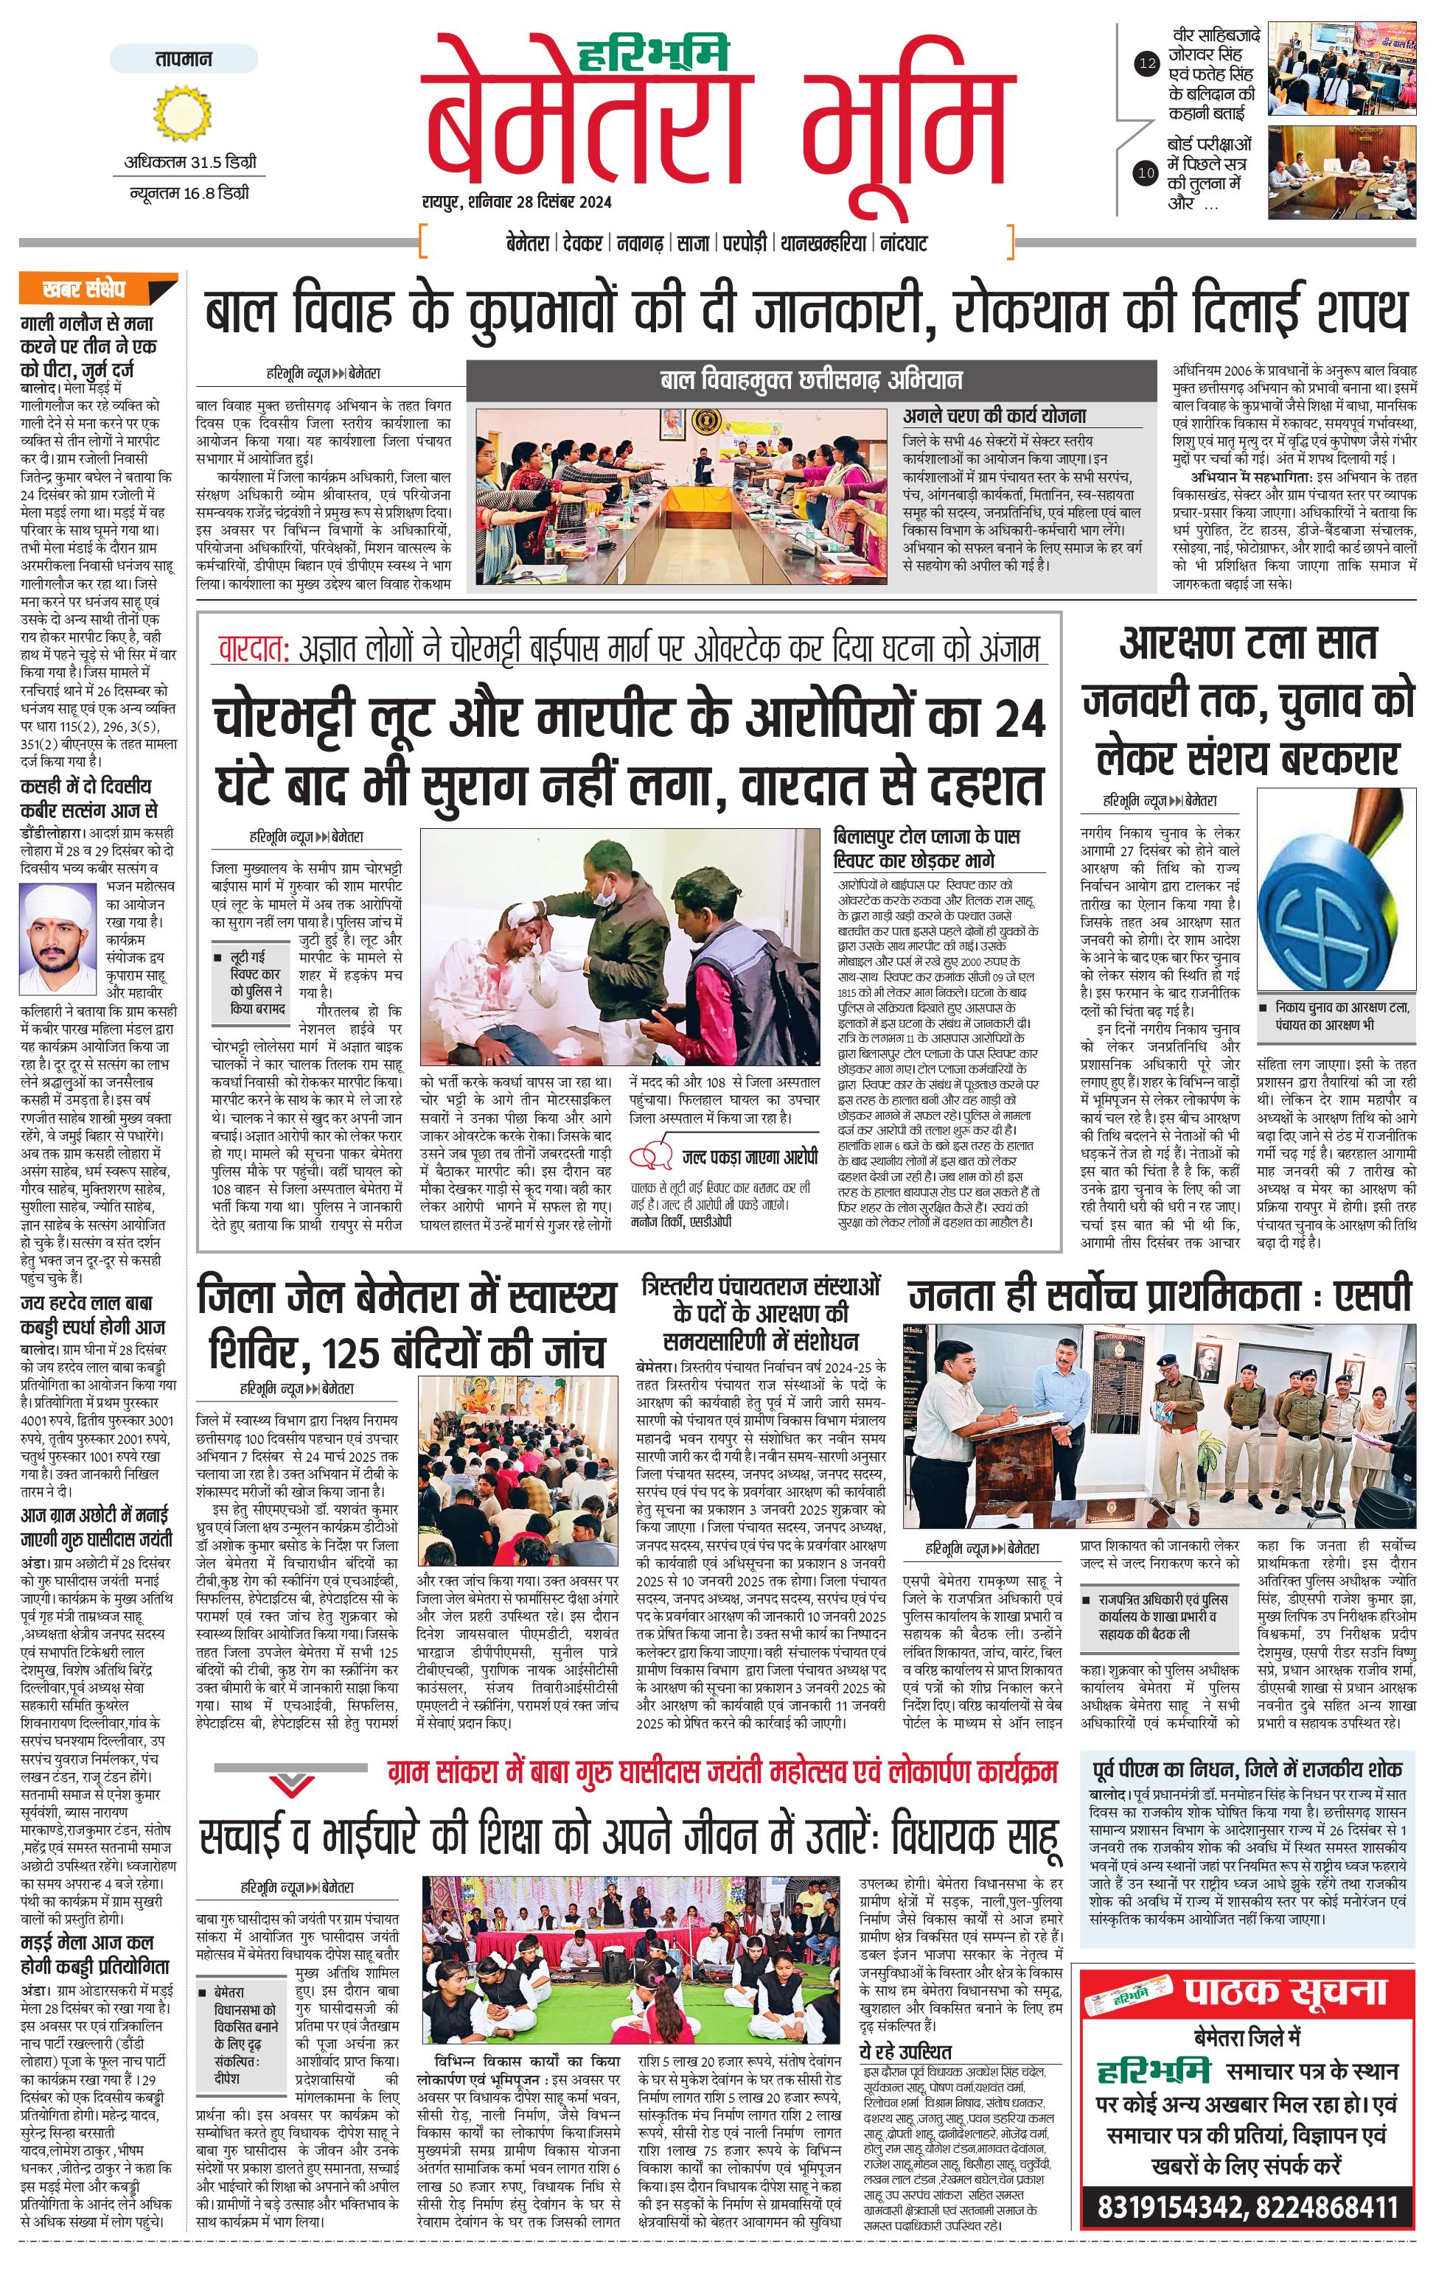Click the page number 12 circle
1146,64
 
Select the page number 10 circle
1146,172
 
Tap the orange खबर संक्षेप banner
99,287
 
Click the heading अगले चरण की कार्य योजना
994,415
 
